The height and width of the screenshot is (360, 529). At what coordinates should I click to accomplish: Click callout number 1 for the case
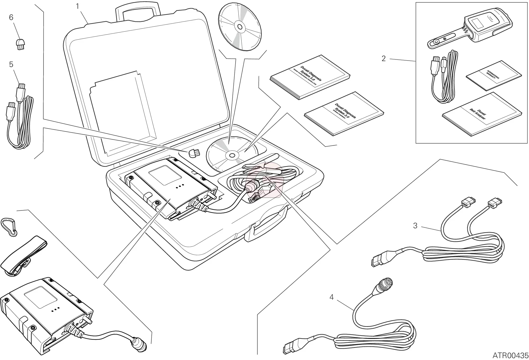coord(78,6)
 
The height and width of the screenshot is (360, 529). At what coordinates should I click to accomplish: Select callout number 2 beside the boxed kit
coord(383,58)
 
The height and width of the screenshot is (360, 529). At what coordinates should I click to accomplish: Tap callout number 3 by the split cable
coord(415,226)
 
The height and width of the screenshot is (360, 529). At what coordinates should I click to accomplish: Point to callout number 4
coord(331,297)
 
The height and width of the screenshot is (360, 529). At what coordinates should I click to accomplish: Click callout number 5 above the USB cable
coord(11,65)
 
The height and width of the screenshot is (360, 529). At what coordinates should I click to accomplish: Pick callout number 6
coord(11,17)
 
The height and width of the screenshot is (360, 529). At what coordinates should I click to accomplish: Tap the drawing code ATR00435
coord(510,355)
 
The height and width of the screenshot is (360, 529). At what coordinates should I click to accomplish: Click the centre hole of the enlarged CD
coord(239,27)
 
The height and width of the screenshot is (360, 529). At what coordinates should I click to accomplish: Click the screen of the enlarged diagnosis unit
coord(41,297)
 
